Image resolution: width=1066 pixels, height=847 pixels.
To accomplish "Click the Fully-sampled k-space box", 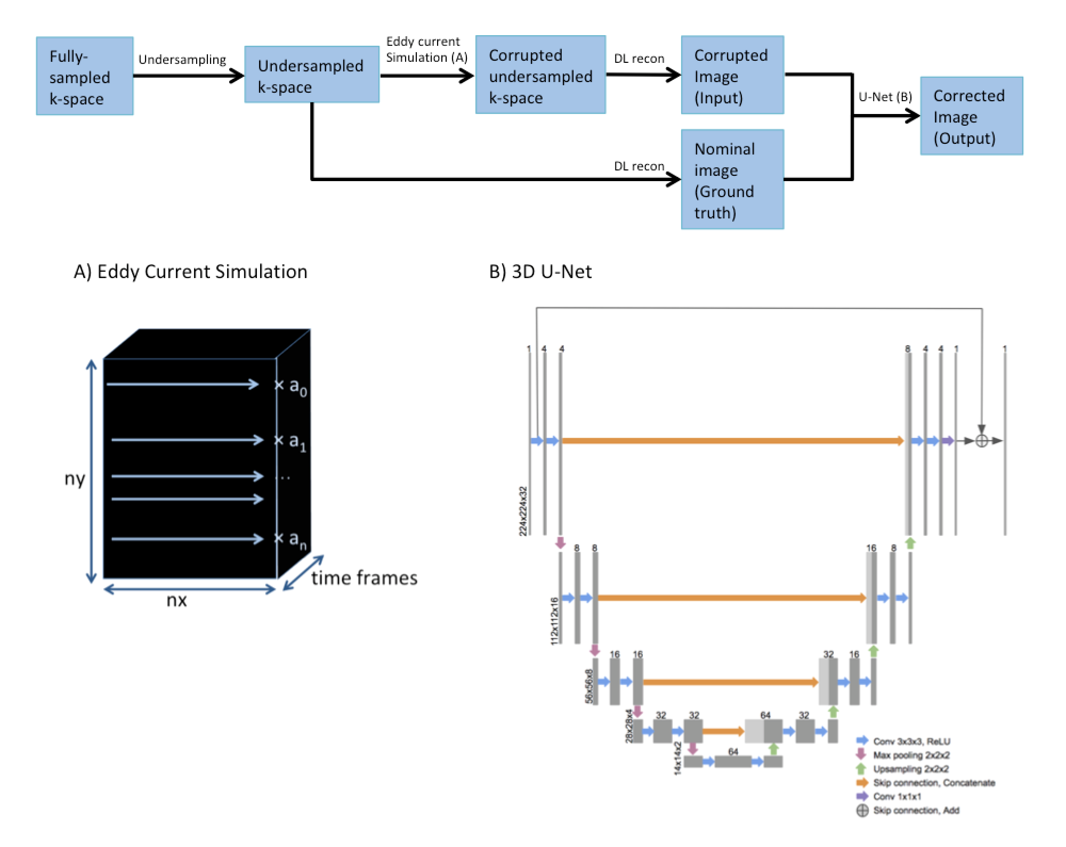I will pyautogui.click(x=84, y=76).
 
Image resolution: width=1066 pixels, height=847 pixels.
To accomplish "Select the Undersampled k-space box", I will pyautogui.click(x=311, y=75).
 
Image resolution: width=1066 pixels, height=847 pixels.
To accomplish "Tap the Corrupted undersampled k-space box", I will pyautogui.click(x=540, y=75).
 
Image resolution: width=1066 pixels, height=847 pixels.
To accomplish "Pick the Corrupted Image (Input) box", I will pyautogui.click(x=732, y=75).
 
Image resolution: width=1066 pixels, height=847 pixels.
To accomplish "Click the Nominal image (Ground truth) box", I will pyautogui.click(x=732, y=180).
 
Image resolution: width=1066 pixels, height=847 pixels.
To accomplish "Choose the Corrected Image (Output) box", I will pyautogui.click(x=971, y=116).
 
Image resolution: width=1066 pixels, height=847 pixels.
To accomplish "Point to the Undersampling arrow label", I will pyautogui.click(x=182, y=59).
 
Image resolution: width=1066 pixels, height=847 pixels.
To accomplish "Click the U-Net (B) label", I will pyautogui.click(x=885, y=96).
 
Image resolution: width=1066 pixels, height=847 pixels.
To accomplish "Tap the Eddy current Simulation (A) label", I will pyautogui.click(x=426, y=50).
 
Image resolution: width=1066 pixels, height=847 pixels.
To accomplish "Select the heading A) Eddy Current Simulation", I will pyautogui.click(x=190, y=272).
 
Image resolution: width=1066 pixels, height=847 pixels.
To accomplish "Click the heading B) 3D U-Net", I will pyautogui.click(x=540, y=272).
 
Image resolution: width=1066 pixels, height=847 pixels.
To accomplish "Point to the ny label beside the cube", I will pyautogui.click(x=75, y=479).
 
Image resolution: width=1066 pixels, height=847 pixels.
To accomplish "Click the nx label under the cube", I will pyautogui.click(x=176, y=600).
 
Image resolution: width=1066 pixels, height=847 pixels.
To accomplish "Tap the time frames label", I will pyautogui.click(x=364, y=578).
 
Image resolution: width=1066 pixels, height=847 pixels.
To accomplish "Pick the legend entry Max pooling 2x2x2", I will pyautogui.click(x=911, y=755).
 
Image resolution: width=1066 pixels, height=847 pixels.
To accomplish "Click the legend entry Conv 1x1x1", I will pyautogui.click(x=897, y=796).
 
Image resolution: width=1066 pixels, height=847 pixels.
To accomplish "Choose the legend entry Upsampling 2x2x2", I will pyautogui.click(x=911, y=769).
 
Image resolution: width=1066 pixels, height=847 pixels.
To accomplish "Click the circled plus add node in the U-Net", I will pyautogui.click(x=981, y=441).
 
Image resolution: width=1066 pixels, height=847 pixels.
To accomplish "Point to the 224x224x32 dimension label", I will pyautogui.click(x=523, y=511).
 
